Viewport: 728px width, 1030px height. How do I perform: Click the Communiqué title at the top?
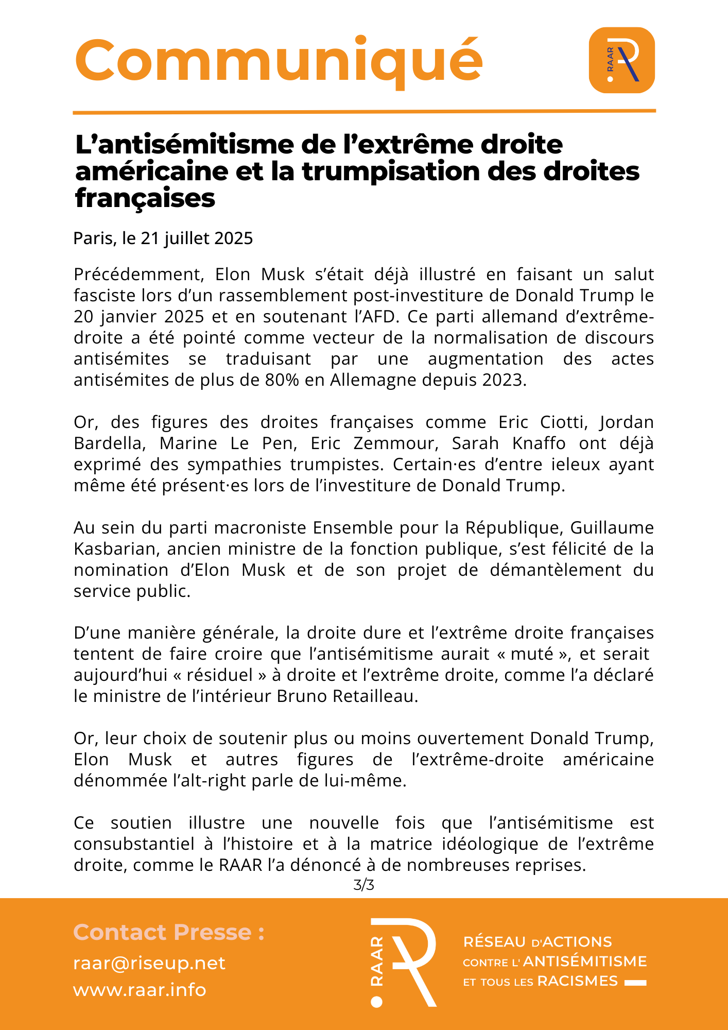tap(279, 61)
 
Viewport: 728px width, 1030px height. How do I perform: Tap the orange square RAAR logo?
tap(621, 60)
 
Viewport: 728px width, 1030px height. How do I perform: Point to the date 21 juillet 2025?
tap(197, 238)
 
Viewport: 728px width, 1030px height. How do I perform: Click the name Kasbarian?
tap(117, 549)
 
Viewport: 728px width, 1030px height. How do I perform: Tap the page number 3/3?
tap(363, 885)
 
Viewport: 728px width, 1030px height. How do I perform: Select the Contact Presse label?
tap(169, 933)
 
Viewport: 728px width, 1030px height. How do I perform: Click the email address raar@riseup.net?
tap(149, 963)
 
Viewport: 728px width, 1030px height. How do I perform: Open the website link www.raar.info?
tap(140, 990)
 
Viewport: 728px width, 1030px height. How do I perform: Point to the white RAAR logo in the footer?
tap(403, 962)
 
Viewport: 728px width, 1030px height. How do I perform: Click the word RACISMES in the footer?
tap(577, 981)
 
